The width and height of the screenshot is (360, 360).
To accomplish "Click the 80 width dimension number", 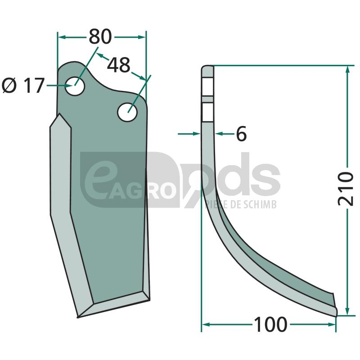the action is [100, 37].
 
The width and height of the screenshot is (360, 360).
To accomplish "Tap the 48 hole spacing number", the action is [119, 65].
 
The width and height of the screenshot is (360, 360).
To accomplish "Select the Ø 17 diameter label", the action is [23, 85].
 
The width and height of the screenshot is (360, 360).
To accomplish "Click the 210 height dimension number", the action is [346, 188].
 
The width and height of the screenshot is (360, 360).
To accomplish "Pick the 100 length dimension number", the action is [271, 324].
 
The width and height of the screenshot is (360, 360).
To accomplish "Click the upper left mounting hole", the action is [75, 86].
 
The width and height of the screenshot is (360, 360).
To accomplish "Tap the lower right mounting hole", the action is [127, 112].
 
